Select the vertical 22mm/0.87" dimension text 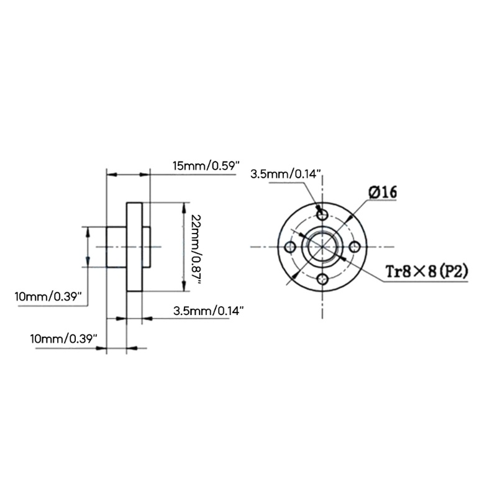196,247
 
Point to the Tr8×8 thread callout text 408,271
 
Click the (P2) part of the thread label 450,271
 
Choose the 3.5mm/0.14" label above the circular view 286,174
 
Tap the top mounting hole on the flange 322,214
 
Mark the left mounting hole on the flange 290,247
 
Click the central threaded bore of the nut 322,247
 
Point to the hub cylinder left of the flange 116,247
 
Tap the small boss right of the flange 146,247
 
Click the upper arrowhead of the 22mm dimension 183,207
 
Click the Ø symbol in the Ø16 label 373,192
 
